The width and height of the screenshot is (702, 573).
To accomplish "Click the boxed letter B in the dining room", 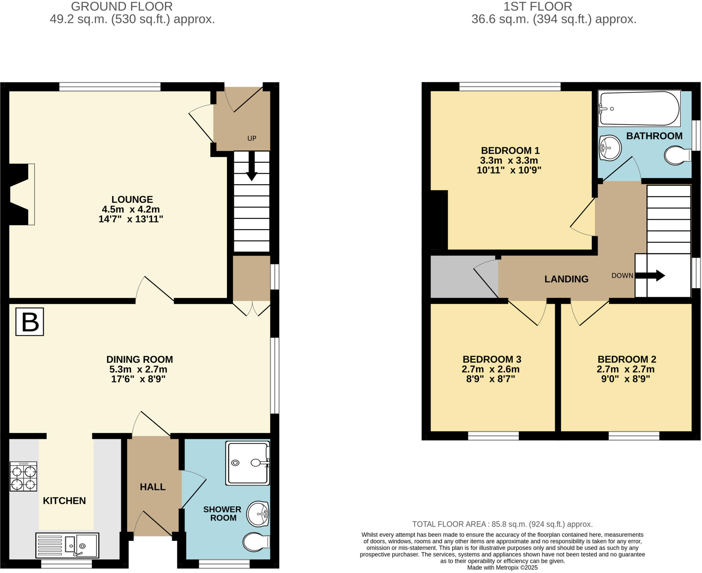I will click(30, 321).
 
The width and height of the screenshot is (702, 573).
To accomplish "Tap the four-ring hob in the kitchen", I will click(23, 476).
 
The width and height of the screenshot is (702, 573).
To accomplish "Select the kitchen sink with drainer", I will click(67, 545).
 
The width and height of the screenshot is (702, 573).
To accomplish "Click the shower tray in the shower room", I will click(247, 463).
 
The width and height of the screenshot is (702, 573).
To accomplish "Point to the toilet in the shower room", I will click(256, 542).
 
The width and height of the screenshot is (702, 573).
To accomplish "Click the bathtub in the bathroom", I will click(639, 109).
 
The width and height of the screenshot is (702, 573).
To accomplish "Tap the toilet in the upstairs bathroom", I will click(677, 155).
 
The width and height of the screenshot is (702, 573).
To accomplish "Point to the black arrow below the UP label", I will click(252, 167).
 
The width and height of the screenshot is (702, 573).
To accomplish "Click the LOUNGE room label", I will click(132, 199).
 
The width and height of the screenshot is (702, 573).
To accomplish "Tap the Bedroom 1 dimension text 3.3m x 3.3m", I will click(509, 160).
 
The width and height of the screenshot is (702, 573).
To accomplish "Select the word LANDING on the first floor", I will click(566, 279).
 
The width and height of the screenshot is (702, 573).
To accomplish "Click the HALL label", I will click(153, 487).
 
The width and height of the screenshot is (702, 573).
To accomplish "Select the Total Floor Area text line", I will click(502, 524).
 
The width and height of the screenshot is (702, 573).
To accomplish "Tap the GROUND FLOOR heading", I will click(122, 7).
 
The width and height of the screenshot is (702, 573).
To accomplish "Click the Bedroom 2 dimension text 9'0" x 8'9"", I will click(626, 379).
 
